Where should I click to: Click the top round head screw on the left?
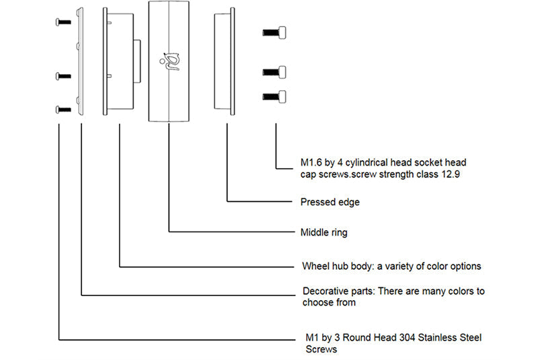coord(63,22)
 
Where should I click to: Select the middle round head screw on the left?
coord(63,76)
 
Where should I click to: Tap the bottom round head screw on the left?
coord(63,110)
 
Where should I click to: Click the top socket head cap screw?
coord(274,32)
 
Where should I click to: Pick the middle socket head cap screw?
coord(274,72)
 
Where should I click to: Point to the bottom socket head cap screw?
coord(274,97)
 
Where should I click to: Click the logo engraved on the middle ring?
coord(170,61)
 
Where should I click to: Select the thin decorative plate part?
coord(80,61)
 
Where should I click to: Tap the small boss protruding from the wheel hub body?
coord(137,61)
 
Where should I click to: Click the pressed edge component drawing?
coord(225,61)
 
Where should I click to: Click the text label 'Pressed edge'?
coord(330,202)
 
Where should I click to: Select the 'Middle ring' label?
coord(324,233)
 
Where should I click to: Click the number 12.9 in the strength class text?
coord(451,174)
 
